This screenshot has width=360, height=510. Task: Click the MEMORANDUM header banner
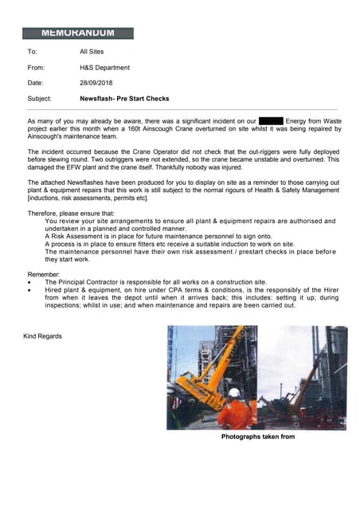[x=77, y=33]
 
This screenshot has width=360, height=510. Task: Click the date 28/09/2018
[x=96, y=83]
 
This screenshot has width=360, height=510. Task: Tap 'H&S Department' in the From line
[x=104, y=68]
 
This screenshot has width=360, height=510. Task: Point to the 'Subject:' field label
[x=40, y=99]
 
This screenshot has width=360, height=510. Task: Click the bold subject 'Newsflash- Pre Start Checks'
[x=124, y=99]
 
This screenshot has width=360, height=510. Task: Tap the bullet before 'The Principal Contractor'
[x=30, y=282]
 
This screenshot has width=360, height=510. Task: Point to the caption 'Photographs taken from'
[x=258, y=437]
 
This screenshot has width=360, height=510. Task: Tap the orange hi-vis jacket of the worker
[x=236, y=414]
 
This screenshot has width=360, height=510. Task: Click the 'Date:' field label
[x=36, y=83]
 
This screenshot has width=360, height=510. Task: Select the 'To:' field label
[x=33, y=52]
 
